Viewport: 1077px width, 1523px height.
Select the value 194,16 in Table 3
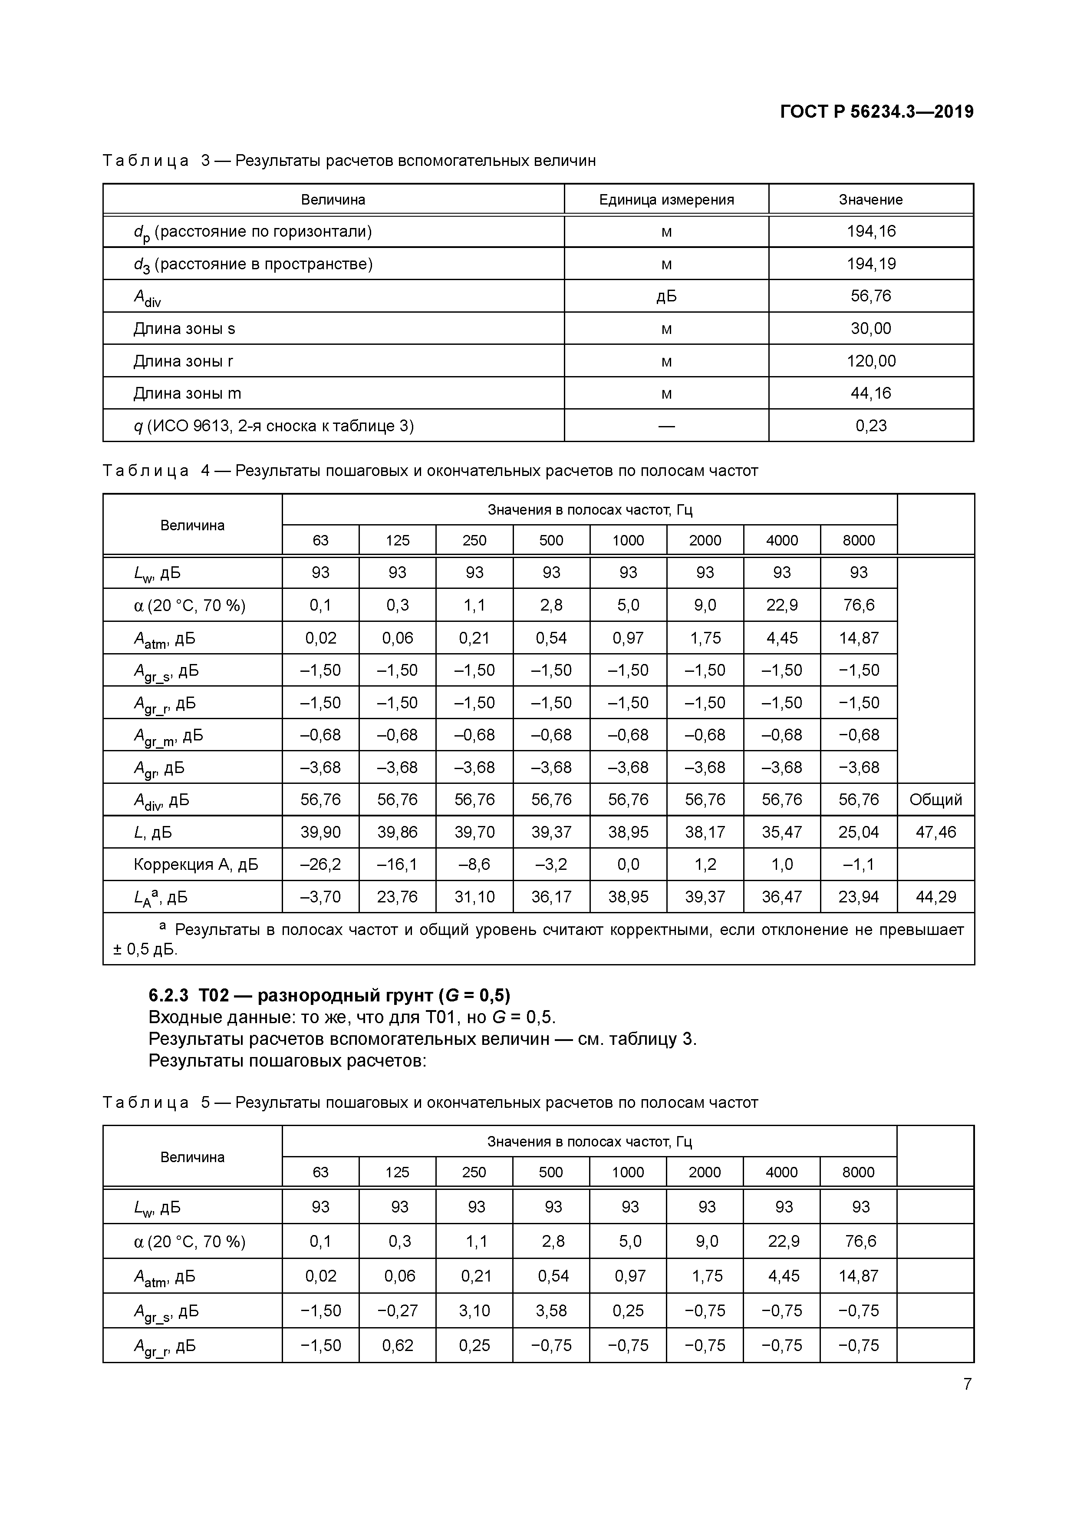click(871, 231)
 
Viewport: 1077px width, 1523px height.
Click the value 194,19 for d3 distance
click(871, 264)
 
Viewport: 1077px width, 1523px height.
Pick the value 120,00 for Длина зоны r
click(871, 361)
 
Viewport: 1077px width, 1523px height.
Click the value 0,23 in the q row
click(871, 426)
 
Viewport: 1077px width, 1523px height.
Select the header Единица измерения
click(666, 200)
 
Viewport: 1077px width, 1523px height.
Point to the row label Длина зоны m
click(187, 393)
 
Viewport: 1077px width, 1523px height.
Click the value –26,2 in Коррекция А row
click(320, 865)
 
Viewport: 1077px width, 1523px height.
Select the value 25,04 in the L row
click(858, 833)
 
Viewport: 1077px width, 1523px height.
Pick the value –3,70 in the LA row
click(320, 898)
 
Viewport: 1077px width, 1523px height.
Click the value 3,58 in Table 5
click(553, 1311)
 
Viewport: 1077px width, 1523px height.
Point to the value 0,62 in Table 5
click(398, 1345)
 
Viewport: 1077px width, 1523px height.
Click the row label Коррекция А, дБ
click(196, 865)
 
